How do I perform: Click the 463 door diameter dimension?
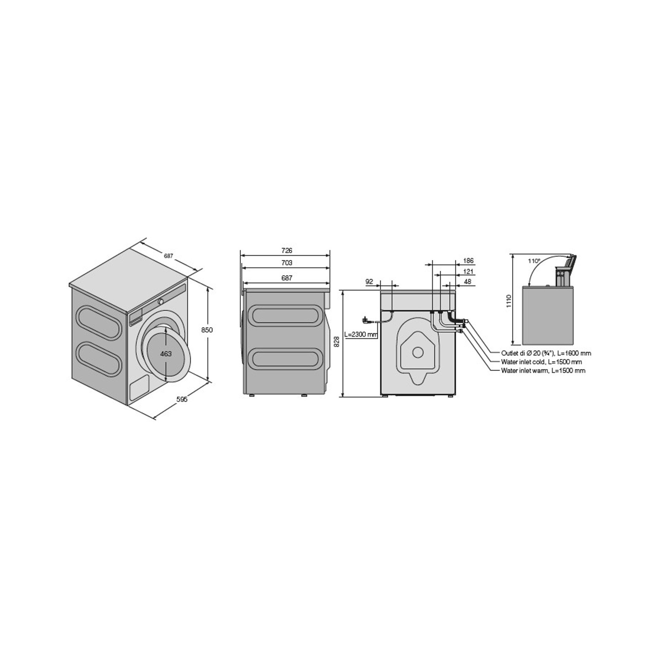(166, 354)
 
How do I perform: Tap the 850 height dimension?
(207, 330)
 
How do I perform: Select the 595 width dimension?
(182, 400)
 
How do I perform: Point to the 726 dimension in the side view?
(287, 250)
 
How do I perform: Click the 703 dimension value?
(287, 262)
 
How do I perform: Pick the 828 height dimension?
(337, 342)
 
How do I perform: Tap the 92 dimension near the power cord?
(369, 281)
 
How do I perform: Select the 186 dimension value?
(468, 261)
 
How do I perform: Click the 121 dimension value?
(468, 272)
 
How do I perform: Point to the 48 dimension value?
(468, 282)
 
